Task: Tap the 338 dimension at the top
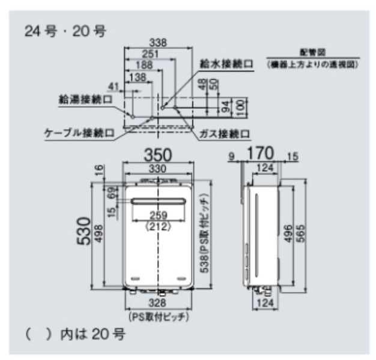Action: pos(158,43)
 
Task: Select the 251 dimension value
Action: pos(151,55)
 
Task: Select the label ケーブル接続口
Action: pos(79,132)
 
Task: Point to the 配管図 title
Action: pos(312,52)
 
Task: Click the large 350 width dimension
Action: pos(159,154)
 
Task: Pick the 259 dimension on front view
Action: pos(159,217)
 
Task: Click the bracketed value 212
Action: pos(159,227)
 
